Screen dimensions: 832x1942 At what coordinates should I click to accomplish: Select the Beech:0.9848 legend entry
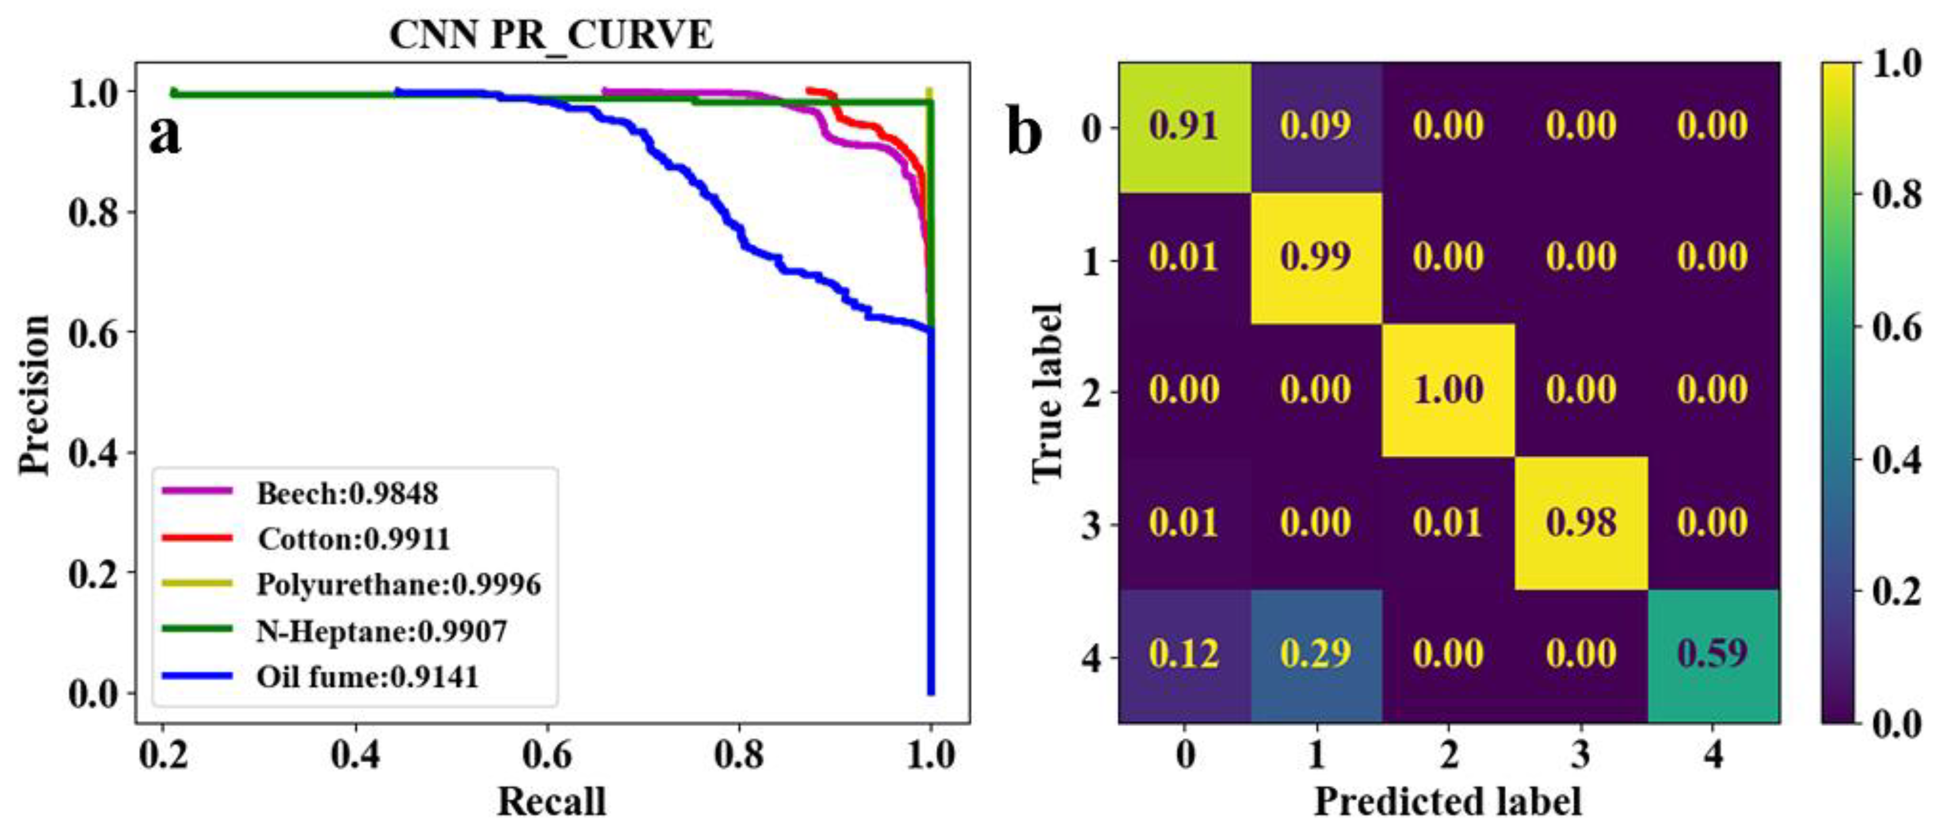347,493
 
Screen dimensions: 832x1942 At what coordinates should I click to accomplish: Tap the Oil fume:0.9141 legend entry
367,677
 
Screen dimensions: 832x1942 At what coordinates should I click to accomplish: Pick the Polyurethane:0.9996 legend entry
398,585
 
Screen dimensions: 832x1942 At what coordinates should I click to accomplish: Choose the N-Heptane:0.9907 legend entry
381,631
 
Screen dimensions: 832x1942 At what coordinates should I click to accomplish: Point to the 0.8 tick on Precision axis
94,212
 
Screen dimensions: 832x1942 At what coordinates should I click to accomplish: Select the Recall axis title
551,801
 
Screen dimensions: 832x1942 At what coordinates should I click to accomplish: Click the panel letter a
164,136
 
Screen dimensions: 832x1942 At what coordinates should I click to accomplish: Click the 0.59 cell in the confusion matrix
1712,653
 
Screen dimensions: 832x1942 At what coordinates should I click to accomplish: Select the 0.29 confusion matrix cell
1316,653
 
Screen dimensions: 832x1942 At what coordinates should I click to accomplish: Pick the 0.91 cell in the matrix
1183,125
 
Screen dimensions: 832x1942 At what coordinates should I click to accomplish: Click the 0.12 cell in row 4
1183,653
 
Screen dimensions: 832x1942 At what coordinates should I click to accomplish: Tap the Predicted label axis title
1447,801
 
